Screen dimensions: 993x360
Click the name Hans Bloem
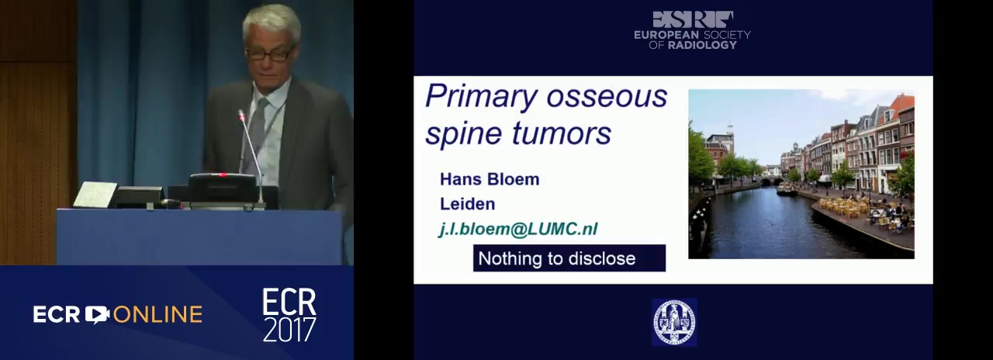click(x=490, y=179)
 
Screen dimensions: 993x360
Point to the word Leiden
click(x=467, y=204)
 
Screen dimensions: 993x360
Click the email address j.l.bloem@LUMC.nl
click(x=517, y=229)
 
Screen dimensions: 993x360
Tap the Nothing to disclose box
click(x=569, y=258)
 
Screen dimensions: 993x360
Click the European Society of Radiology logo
click(x=692, y=30)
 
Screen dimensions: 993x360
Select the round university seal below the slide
click(x=674, y=322)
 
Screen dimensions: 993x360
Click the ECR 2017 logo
click(x=289, y=315)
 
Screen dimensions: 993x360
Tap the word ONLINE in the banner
click(x=157, y=314)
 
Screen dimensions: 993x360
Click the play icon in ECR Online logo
click(x=97, y=314)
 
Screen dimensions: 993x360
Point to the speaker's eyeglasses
click(x=268, y=54)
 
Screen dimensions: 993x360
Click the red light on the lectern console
click(x=223, y=175)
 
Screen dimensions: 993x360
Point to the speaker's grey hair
click(x=272, y=22)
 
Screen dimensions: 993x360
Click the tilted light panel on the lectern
click(x=95, y=195)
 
